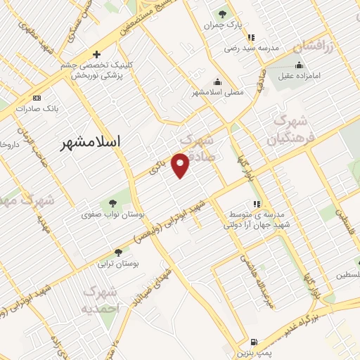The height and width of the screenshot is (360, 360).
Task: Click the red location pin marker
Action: tap(181, 165)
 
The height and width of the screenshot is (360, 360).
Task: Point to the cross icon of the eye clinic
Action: tap(97, 54)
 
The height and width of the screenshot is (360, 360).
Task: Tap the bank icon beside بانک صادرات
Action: tap(37, 98)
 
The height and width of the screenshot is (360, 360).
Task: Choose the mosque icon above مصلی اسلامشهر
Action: tap(217, 81)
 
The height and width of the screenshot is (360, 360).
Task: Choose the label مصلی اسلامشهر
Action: tap(217, 92)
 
